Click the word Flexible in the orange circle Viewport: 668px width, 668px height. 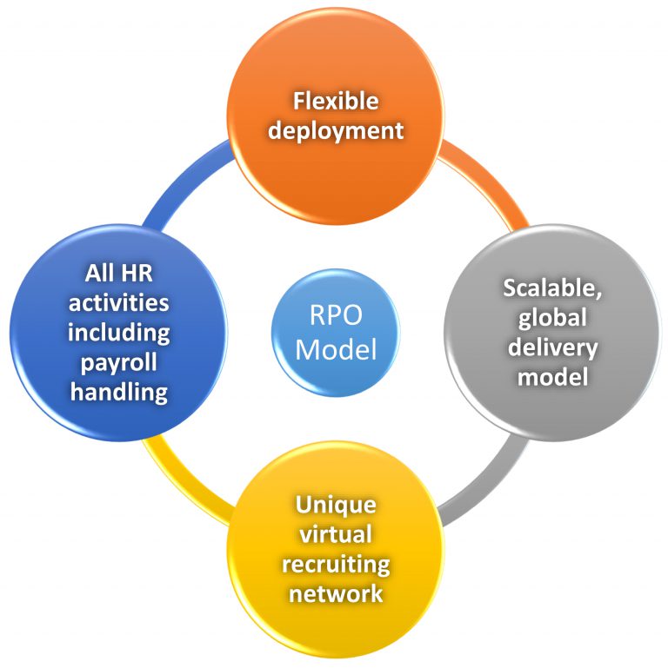(x=335, y=102)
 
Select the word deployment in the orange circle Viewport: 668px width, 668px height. (x=335, y=130)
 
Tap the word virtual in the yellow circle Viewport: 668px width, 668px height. (x=336, y=535)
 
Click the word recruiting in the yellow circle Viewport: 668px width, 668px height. (x=336, y=565)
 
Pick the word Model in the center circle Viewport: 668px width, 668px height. (x=335, y=348)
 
